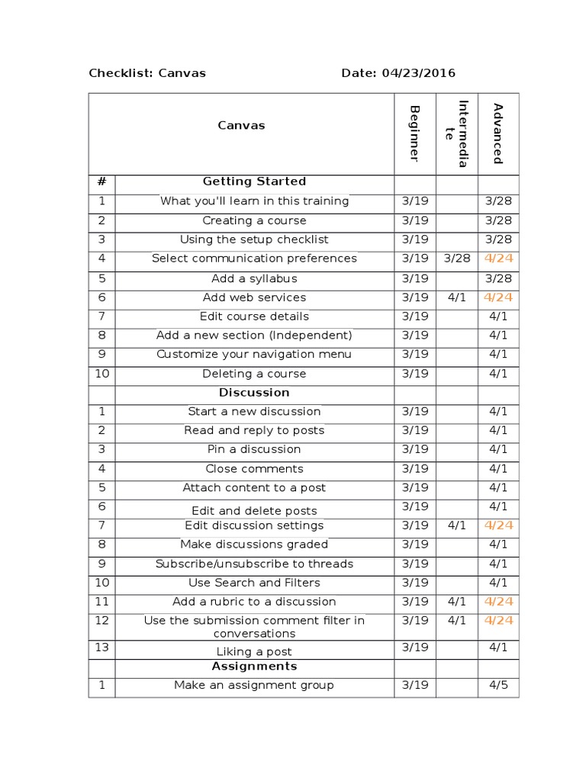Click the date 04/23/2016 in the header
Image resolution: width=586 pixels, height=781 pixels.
[x=419, y=73]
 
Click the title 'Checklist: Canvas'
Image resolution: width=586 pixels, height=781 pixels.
[x=147, y=73]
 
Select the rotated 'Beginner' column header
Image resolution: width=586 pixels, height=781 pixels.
[x=414, y=133]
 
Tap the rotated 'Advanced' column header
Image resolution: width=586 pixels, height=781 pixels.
[x=498, y=133]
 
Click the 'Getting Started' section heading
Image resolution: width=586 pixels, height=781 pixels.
[x=254, y=182]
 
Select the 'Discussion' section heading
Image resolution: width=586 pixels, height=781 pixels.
[x=254, y=393]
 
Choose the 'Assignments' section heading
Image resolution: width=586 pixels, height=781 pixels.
[x=254, y=667]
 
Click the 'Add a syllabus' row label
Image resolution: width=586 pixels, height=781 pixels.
[x=254, y=278]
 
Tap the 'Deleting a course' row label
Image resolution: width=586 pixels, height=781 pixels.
[x=254, y=374]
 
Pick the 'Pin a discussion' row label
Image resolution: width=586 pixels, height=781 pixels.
[x=254, y=449]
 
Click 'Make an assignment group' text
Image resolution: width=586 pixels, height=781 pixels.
[x=254, y=685]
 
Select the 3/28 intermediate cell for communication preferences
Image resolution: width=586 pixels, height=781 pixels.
[x=457, y=259]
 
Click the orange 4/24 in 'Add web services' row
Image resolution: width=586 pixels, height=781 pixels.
[x=498, y=297]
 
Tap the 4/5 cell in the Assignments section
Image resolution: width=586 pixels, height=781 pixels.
[x=498, y=685]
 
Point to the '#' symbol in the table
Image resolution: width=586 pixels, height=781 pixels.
[x=101, y=182]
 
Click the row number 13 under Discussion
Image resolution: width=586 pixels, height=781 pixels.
[x=101, y=648]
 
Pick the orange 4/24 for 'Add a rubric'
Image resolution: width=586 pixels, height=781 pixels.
[x=498, y=602]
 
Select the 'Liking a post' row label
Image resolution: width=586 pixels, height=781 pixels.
[x=254, y=652]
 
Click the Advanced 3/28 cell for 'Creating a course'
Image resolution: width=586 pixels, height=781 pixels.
[x=498, y=220]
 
